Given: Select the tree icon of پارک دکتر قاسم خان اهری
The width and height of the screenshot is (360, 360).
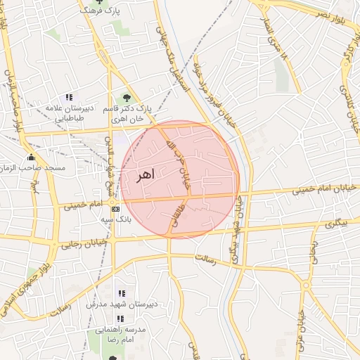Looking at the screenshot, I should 127,98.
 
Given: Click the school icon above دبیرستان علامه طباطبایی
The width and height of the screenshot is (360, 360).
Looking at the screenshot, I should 69,97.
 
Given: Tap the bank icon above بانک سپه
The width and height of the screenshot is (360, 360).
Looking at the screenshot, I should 115,209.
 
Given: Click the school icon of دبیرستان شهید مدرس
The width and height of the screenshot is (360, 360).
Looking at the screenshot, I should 122,293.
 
